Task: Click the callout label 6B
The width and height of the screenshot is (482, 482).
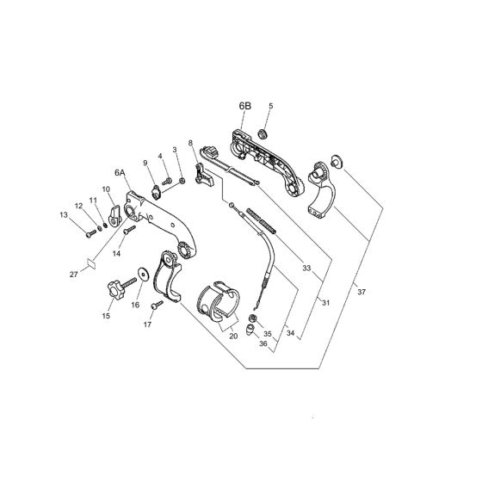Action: click(x=245, y=107)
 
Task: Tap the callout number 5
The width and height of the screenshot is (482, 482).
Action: click(x=270, y=107)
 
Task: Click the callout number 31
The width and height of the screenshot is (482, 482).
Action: click(x=325, y=302)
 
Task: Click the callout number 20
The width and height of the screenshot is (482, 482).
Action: click(x=233, y=337)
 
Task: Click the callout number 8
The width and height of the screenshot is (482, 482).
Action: click(x=190, y=143)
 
